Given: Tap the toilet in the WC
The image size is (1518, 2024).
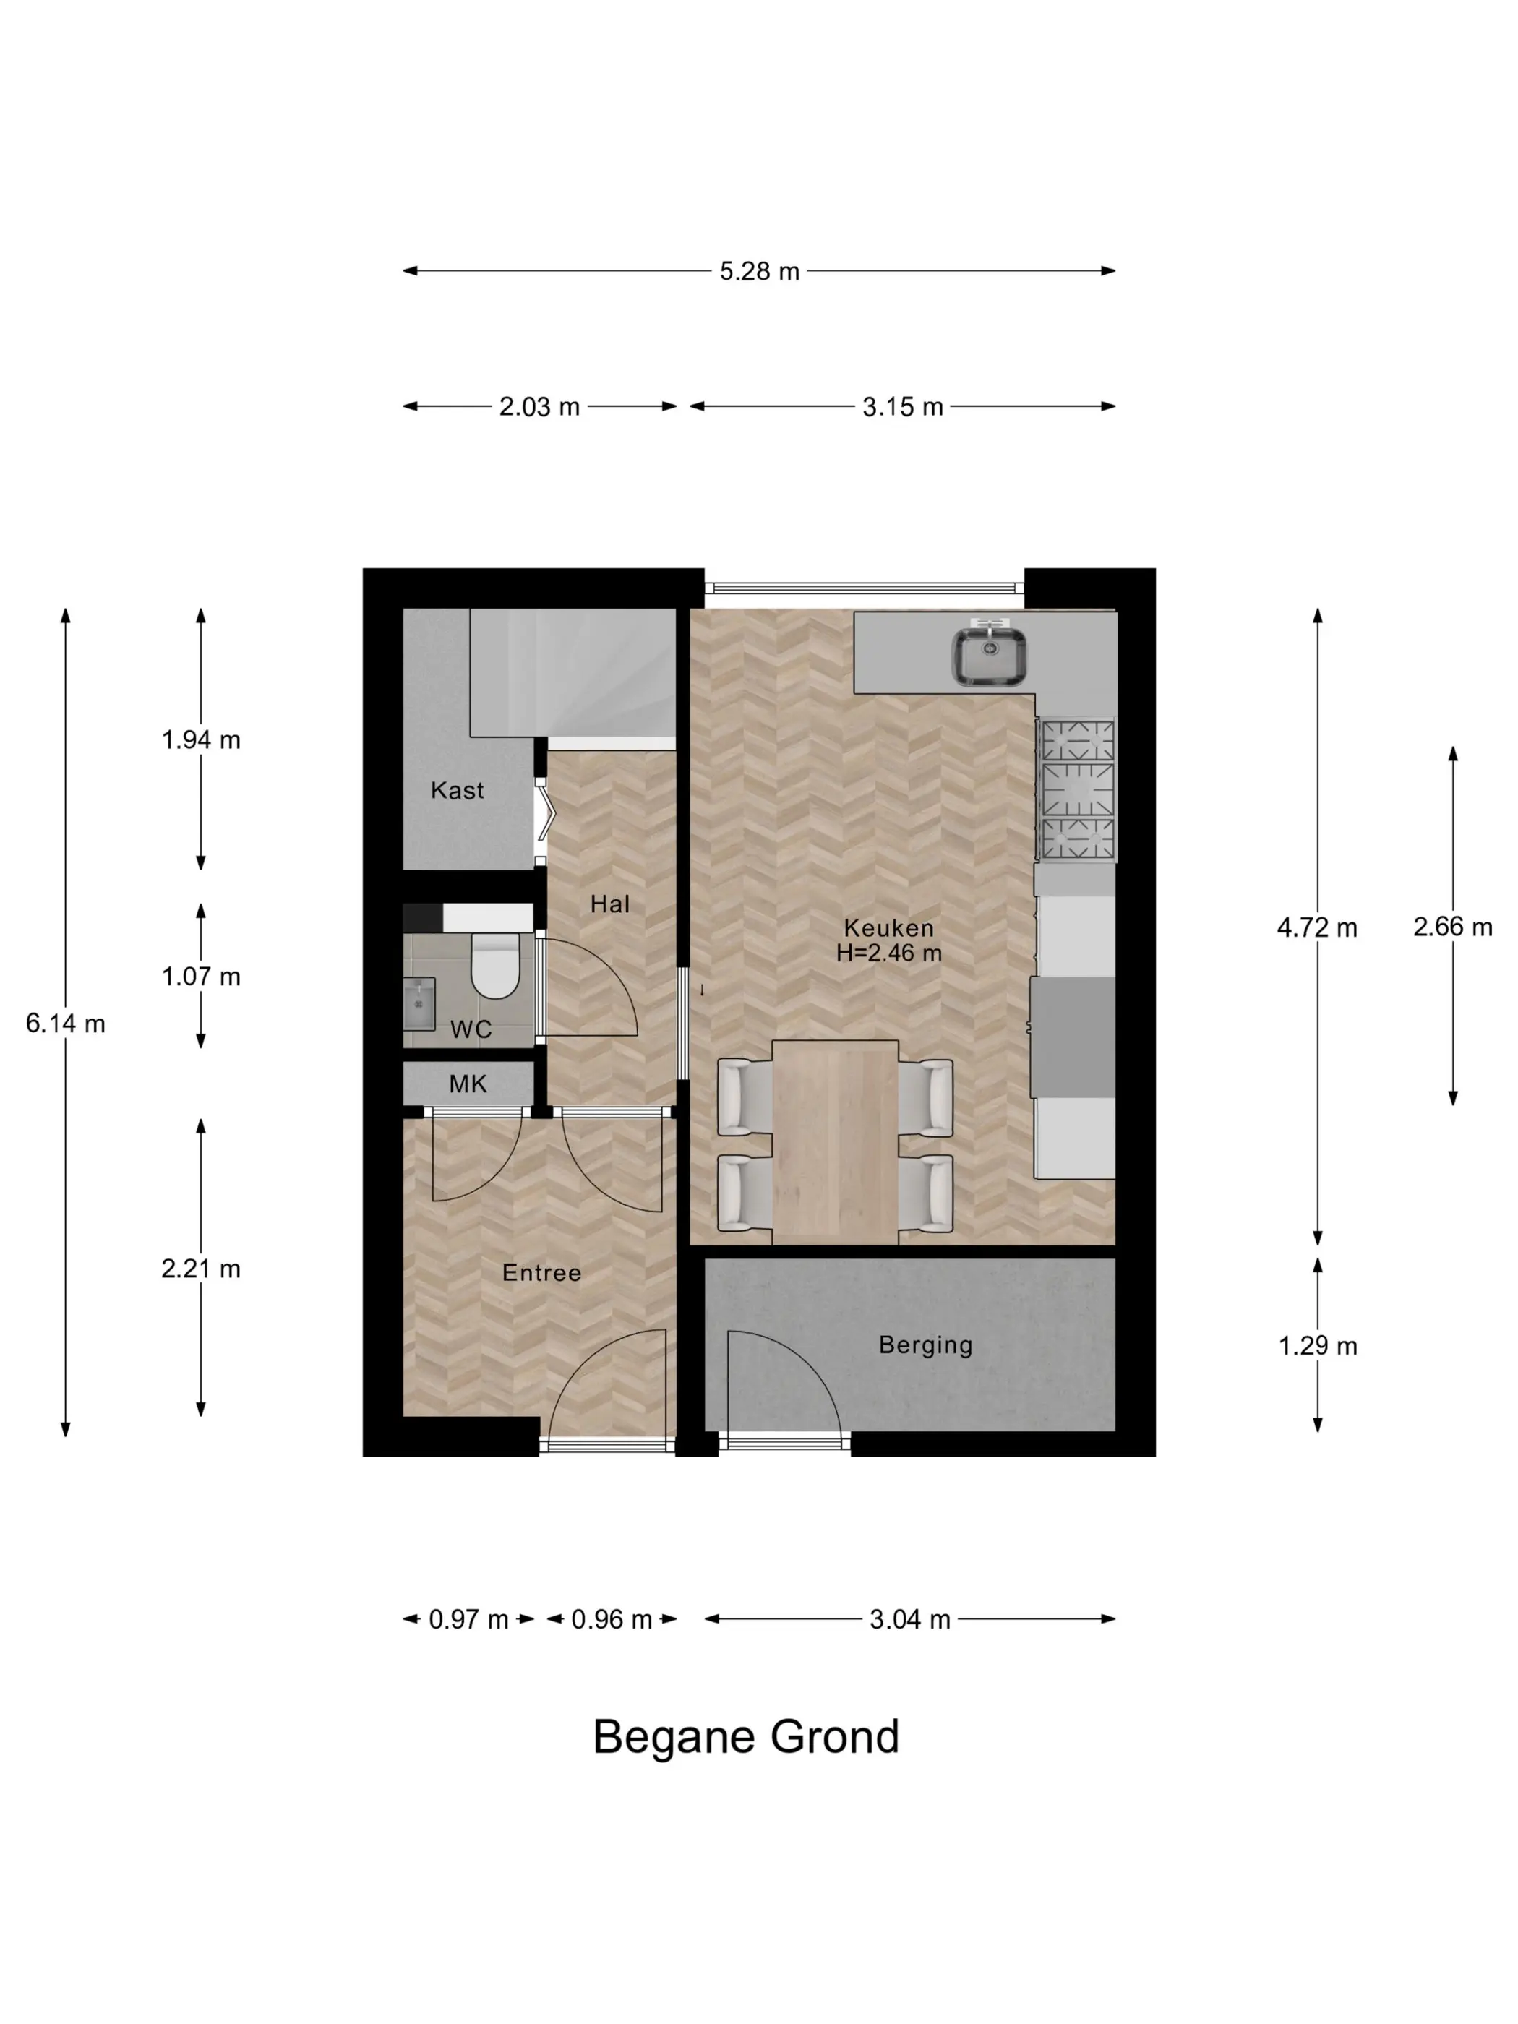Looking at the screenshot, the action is pyautogui.click(x=495, y=964).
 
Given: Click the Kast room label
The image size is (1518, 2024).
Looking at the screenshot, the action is pyautogui.click(x=457, y=791).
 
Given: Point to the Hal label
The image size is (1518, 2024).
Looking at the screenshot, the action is pyautogui.click(x=609, y=904).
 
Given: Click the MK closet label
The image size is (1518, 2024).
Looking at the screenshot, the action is pyautogui.click(x=468, y=1084).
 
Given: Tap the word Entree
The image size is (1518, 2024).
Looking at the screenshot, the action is pyautogui.click(x=541, y=1273).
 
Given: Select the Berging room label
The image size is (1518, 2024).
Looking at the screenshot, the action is pyautogui.click(x=925, y=1345).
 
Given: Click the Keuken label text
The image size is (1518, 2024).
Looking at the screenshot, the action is pyautogui.click(x=888, y=928).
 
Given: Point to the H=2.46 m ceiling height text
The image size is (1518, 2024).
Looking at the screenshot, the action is pyautogui.click(x=888, y=953).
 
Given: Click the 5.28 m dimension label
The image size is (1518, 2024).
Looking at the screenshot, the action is pyautogui.click(x=760, y=272).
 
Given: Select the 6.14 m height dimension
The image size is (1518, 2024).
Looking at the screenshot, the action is pyautogui.click(x=66, y=1024).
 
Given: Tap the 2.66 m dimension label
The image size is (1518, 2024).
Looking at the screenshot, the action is pyautogui.click(x=1453, y=927).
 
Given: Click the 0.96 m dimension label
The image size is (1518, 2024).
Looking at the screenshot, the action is pyautogui.click(x=612, y=1621).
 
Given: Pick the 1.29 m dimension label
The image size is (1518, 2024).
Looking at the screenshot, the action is pyautogui.click(x=1318, y=1346).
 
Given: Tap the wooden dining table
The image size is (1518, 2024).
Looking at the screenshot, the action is pyautogui.click(x=834, y=1143).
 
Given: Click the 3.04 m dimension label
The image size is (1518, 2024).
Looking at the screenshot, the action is pyautogui.click(x=909, y=1621).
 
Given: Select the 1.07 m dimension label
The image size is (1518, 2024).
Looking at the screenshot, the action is pyautogui.click(x=201, y=977).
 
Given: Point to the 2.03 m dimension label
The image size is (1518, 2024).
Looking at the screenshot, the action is pyautogui.click(x=539, y=407).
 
